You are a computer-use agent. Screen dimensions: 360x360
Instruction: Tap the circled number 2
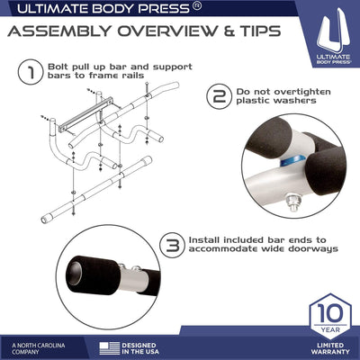point(217,97)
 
